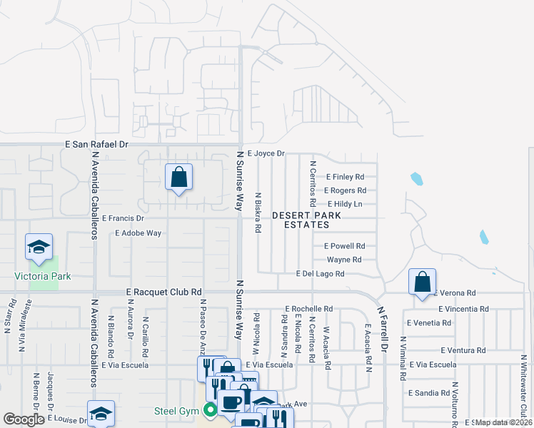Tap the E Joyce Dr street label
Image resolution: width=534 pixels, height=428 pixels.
pos(266,153)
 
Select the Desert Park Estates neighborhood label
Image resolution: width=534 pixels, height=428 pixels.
pos(300,220)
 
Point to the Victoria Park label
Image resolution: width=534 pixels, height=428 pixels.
pos(43,276)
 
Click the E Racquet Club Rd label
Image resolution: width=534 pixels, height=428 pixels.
pos(164,292)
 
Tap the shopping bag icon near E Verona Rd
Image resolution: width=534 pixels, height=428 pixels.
pos(423,282)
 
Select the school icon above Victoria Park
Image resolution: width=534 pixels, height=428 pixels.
pos(39,247)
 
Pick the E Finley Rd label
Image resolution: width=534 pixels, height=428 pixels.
pos(346,177)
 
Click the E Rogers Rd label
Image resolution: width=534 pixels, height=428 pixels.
pos(345,190)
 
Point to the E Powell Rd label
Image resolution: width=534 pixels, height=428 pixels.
pos(345,246)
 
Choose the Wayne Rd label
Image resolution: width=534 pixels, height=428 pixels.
pos(344,260)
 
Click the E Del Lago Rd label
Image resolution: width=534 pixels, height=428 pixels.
pos(321,273)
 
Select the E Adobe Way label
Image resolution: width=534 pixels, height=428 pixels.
pos(138,233)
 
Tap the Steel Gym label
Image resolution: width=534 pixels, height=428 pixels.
pos(176,411)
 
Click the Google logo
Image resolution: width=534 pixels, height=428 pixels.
pos(24,419)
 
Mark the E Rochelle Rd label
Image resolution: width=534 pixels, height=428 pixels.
pos(308,309)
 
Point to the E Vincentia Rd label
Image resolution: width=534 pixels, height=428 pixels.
pos(464,309)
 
